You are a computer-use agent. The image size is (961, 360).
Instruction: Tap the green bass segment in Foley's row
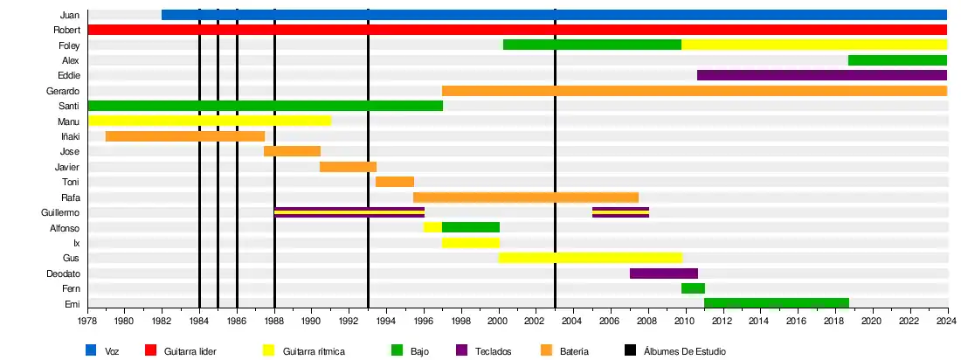[x=592, y=45]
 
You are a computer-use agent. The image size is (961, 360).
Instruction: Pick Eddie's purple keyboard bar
[x=822, y=75]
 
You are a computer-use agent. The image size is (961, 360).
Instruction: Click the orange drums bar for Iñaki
[x=185, y=136]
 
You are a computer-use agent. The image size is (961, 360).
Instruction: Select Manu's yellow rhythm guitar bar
[x=210, y=121]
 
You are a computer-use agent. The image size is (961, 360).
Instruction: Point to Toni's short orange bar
[x=395, y=182]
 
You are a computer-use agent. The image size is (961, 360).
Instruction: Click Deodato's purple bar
[x=664, y=273]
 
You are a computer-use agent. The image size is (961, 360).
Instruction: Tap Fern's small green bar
[x=693, y=288]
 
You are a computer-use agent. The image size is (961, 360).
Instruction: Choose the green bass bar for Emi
[x=777, y=303]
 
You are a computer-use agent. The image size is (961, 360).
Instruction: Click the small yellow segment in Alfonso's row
[x=432, y=227]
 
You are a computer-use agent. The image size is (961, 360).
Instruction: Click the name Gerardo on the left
[x=63, y=91]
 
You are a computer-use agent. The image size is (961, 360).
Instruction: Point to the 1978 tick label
[x=87, y=322]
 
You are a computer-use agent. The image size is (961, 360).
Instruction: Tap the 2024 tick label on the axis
[x=947, y=322]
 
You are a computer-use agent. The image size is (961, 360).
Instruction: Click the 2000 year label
[x=498, y=322]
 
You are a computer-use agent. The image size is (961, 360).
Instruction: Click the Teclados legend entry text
[x=494, y=351]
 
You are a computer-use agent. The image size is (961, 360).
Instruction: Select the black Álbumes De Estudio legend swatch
[x=630, y=351]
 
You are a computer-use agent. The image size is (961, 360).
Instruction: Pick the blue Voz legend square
[x=91, y=351]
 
